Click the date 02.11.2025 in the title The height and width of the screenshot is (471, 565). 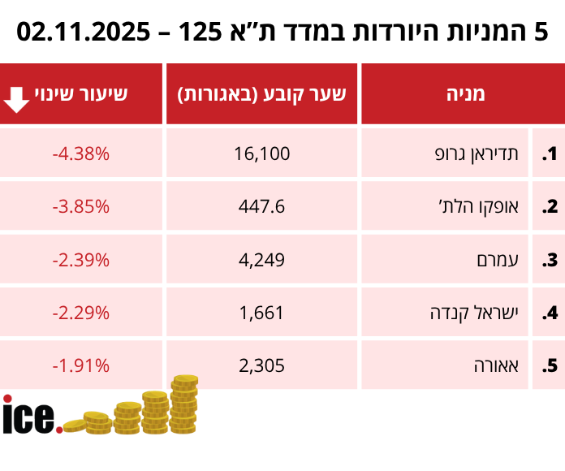click(81, 32)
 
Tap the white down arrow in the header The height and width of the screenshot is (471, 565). click(17, 96)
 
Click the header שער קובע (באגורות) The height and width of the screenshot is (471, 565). click(261, 94)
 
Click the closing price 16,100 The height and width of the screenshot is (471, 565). click(261, 153)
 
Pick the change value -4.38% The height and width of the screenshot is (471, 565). click(80, 153)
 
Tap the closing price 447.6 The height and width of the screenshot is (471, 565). click(261, 206)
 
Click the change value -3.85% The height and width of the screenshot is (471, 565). click(80, 206)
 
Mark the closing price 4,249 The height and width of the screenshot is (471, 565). click(261, 260)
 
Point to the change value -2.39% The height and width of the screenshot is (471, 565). click(80, 260)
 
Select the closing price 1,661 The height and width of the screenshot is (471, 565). click(261, 313)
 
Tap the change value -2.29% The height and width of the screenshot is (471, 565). click(80, 313)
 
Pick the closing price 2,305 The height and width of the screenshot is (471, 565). click(261, 365)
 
